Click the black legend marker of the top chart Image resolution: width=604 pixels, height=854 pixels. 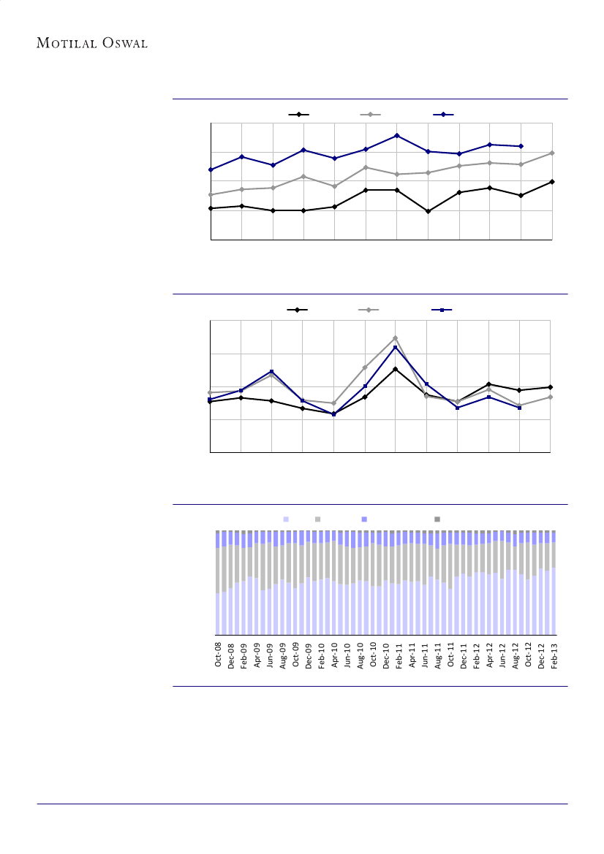point(298,115)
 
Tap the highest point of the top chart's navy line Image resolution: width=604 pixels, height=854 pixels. point(396,135)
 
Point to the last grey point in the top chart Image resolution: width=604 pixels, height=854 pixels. point(552,153)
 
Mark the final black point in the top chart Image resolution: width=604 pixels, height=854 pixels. point(552,181)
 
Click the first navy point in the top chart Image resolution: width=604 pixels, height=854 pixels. point(211,169)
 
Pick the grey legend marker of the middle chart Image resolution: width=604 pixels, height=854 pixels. point(369,310)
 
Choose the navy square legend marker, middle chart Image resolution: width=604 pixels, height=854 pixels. point(442,310)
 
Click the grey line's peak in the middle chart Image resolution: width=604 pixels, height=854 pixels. point(395,338)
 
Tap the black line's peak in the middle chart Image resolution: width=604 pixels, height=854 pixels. point(395,369)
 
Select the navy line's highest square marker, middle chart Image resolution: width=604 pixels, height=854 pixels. point(395,347)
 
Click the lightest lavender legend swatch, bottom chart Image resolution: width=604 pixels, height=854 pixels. point(286,519)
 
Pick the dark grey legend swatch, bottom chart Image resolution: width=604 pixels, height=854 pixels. point(437,519)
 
